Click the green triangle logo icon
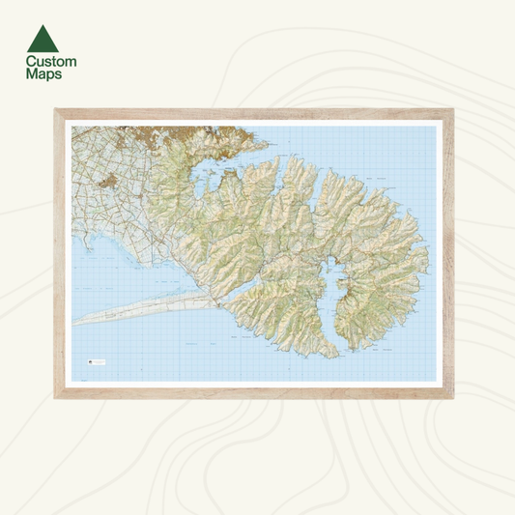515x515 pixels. [x=43, y=39]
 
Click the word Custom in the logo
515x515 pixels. [x=51, y=62]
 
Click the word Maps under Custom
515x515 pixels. [x=43, y=74]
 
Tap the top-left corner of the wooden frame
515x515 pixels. [x=57, y=110]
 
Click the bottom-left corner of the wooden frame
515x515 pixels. [x=57, y=396]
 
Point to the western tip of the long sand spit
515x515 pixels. [x=75, y=322]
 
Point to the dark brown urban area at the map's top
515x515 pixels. [x=174, y=135]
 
